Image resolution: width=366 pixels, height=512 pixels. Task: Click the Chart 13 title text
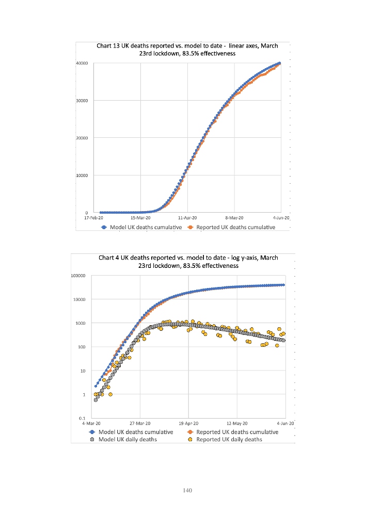tap(187, 49)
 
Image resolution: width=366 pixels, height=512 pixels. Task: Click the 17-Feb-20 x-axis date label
tap(94, 218)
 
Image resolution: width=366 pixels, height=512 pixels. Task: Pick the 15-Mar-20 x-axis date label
tap(141, 218)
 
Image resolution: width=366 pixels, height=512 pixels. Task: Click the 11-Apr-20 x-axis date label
tap(187, 218)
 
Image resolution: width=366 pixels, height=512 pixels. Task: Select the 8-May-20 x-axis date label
tap(234, 218)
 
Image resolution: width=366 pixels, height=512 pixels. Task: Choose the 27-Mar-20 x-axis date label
tap(140, 423)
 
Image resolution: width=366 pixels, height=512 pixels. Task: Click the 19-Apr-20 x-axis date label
tap(188, 423)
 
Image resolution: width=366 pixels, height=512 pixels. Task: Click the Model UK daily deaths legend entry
tap(124, 439)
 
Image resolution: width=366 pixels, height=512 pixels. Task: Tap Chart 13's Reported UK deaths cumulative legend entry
tap(231, 227)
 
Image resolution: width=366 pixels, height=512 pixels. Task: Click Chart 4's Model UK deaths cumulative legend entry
tap(132, 432)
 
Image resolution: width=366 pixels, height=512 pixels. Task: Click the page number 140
tap(187, 490)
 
